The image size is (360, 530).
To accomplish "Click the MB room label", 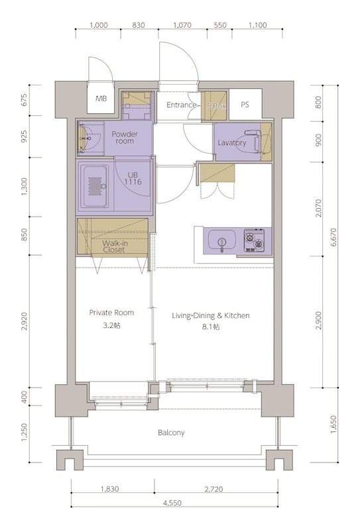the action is (x=101, y=98).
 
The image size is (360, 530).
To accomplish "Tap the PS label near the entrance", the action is (x=245, y=105).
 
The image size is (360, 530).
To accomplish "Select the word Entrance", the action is (x=182, y=105).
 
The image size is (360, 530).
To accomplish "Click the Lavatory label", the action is (x=232, y=142).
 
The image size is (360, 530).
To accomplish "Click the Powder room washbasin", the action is (x=87, y=138).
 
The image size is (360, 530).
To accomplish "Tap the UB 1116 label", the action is (x=133, y=178).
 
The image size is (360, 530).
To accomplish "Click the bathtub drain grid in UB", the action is (x=95, y=186).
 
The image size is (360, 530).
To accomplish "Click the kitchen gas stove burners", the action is (x=254, y=240).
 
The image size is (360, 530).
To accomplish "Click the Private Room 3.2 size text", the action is (x=112, y=325).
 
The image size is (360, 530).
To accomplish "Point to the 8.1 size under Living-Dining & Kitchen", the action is (x=211, y=327).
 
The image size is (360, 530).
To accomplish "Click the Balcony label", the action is (x=171, y=433).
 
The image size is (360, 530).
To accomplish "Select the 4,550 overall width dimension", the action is (x=172, y=503).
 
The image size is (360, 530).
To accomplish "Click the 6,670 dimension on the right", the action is (x=334, y=237).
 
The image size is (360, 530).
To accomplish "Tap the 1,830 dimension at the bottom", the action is (x=109, y=489).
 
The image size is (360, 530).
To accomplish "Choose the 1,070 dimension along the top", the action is (x=182, y=25).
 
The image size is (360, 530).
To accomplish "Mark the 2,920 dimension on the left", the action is (x=24, y=321).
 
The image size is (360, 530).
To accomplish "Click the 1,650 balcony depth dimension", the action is (x=333, y=425).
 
